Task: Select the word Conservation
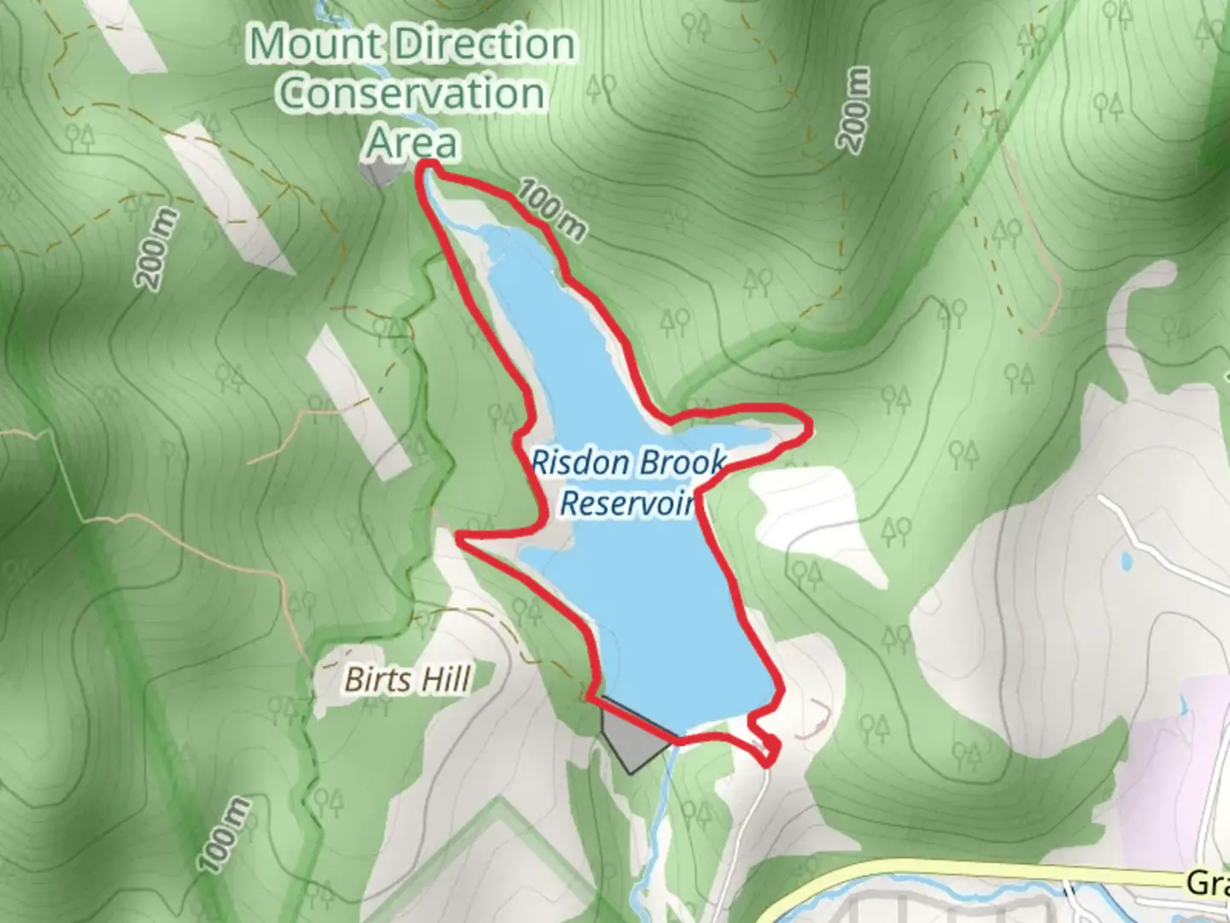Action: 412,92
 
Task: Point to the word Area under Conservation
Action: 412,142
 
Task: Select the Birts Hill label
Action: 407,679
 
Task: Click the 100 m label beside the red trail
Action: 553,209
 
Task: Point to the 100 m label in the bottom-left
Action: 225,835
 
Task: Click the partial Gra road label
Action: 1208,883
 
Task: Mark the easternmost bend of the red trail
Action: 807,426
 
